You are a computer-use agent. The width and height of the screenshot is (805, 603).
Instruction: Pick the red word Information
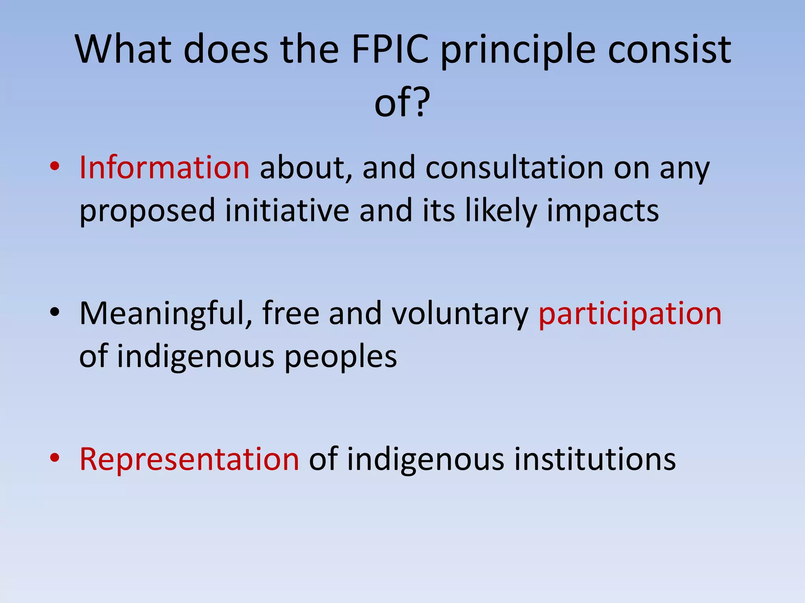(164, 168)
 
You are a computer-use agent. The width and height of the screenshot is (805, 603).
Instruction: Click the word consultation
(515, 168)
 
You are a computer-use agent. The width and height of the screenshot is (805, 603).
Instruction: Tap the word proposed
(147, 211)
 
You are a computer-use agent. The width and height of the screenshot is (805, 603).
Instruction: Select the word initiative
(287, 211)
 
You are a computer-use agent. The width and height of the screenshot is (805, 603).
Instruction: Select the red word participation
(630, 314)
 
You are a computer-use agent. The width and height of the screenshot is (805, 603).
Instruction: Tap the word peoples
(340, 357)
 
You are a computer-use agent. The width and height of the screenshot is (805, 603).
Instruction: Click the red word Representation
(189, 459)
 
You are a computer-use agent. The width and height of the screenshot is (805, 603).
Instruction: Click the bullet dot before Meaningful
(55, 312)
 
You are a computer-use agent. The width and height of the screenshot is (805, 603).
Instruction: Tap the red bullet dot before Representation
(55, 458)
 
